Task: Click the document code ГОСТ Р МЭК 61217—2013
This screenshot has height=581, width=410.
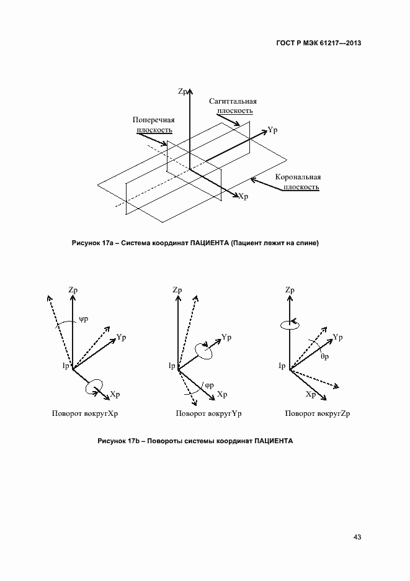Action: (x=318, y=43)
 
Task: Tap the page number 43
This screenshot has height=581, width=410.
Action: (x=357, y=537)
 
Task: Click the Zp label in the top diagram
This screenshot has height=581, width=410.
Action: (x=183, y=91)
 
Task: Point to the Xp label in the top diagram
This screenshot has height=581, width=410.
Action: (x=243, y=196)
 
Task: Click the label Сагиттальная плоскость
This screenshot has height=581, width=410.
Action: (x=233, y=106)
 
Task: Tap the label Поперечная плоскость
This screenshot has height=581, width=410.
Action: (x=154, y=124)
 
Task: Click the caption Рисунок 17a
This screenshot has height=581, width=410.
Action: (x=195, y=243)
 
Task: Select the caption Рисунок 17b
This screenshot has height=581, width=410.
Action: (x=195, y=441)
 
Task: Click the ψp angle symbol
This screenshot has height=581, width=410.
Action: (x=84, y=320)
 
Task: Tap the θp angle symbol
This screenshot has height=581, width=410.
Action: (x=324, y=358)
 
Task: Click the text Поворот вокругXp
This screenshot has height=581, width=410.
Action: (x=86, y=413)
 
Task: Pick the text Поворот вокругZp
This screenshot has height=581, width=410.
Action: (x=318, y=413)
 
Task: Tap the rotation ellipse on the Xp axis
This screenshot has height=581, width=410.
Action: (x=94, y=385)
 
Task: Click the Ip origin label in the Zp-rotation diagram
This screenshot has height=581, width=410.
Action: (x=282, y=366)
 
